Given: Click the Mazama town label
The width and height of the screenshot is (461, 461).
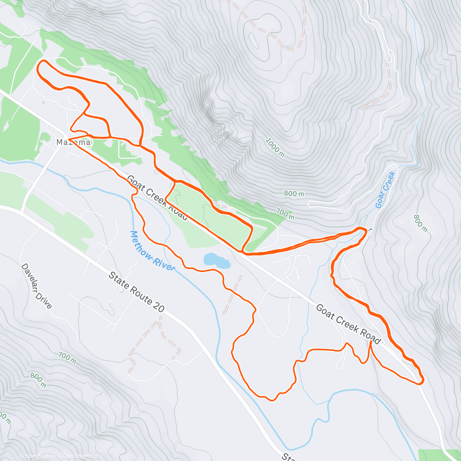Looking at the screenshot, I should pos(73,142).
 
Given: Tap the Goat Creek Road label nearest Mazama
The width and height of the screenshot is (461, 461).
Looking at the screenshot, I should pos(158,198).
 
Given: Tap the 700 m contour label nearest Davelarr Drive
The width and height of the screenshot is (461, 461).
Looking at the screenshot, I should pos(67,358).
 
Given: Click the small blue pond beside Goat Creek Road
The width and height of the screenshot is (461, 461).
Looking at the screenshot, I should pos(217,261).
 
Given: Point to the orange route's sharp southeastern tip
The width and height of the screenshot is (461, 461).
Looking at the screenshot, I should pos(422,382).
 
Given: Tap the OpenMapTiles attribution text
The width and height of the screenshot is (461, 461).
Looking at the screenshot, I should pos(38,456).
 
